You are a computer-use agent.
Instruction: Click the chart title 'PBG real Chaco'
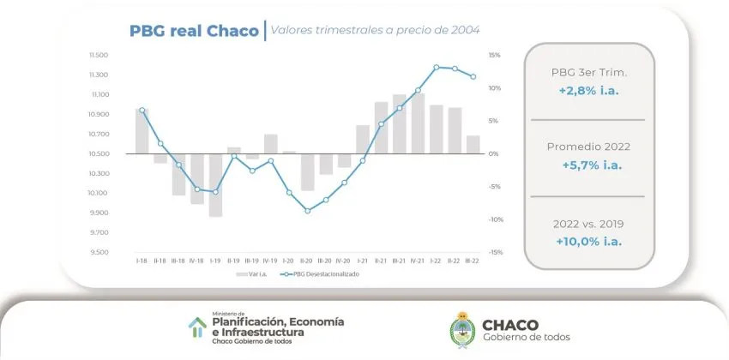[193, 32]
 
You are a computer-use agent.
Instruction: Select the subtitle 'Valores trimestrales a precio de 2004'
[375, 32]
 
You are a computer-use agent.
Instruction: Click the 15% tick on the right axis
[494, 55]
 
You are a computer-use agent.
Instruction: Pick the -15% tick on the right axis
[494, 252]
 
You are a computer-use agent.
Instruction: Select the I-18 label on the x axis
[142, 261]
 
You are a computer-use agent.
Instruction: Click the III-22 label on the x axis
[473, 261]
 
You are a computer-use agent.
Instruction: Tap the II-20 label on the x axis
[307, 261]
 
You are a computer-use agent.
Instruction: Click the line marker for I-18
[142, 110]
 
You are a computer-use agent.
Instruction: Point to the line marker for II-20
[307, 210]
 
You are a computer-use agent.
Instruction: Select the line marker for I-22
[436, 67]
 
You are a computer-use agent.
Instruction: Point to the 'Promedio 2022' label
[588, 147]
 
